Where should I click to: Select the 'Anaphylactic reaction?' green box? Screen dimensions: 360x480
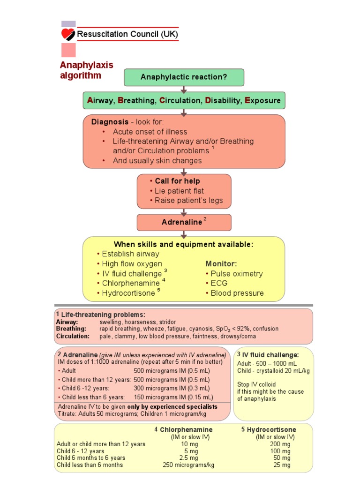184,77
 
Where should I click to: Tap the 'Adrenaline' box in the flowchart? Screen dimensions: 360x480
184,222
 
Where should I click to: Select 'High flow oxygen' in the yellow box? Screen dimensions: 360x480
132,264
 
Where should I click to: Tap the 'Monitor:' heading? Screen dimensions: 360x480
221,264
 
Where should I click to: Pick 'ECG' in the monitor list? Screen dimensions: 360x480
219,284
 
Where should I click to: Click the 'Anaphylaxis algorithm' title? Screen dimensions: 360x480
87,70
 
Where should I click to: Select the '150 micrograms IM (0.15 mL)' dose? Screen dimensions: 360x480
172,397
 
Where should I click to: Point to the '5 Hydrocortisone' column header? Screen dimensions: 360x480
269,429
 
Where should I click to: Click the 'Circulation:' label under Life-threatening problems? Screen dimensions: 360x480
73,336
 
